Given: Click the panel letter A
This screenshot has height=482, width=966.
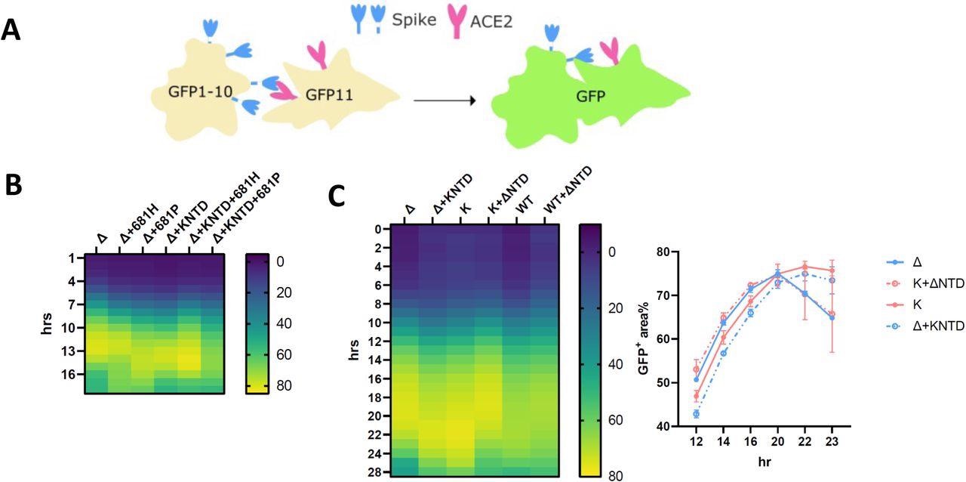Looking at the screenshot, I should click(x=12, y=30).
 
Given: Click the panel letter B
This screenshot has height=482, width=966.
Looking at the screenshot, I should click(x=14, y=186).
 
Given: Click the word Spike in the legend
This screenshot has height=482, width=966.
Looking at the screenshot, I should click(x=414, y=20).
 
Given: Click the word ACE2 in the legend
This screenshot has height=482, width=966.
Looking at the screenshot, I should click(x=491, y=22).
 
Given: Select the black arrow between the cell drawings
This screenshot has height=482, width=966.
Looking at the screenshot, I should click(x=445, y=99).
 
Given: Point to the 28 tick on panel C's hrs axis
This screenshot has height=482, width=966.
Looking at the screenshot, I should click(x=361, y=472).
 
